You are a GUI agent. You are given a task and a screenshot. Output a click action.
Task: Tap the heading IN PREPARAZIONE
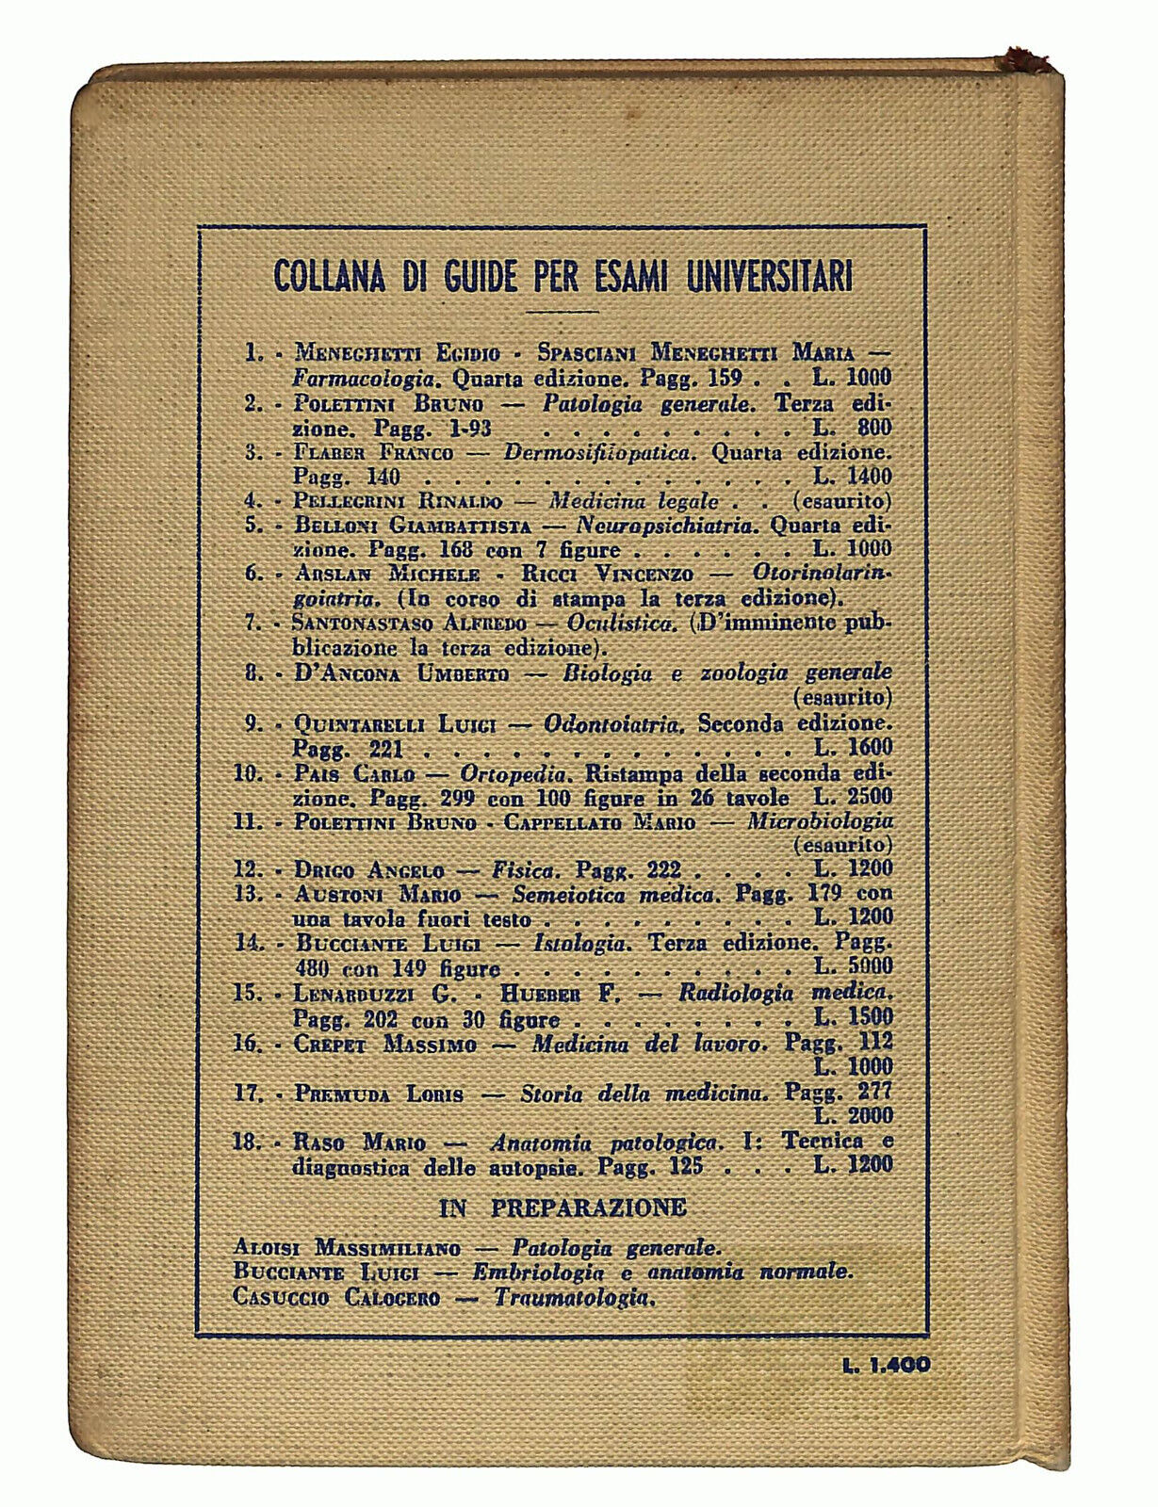(563, 1207)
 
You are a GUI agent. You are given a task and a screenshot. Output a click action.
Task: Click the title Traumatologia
(573, 1298)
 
